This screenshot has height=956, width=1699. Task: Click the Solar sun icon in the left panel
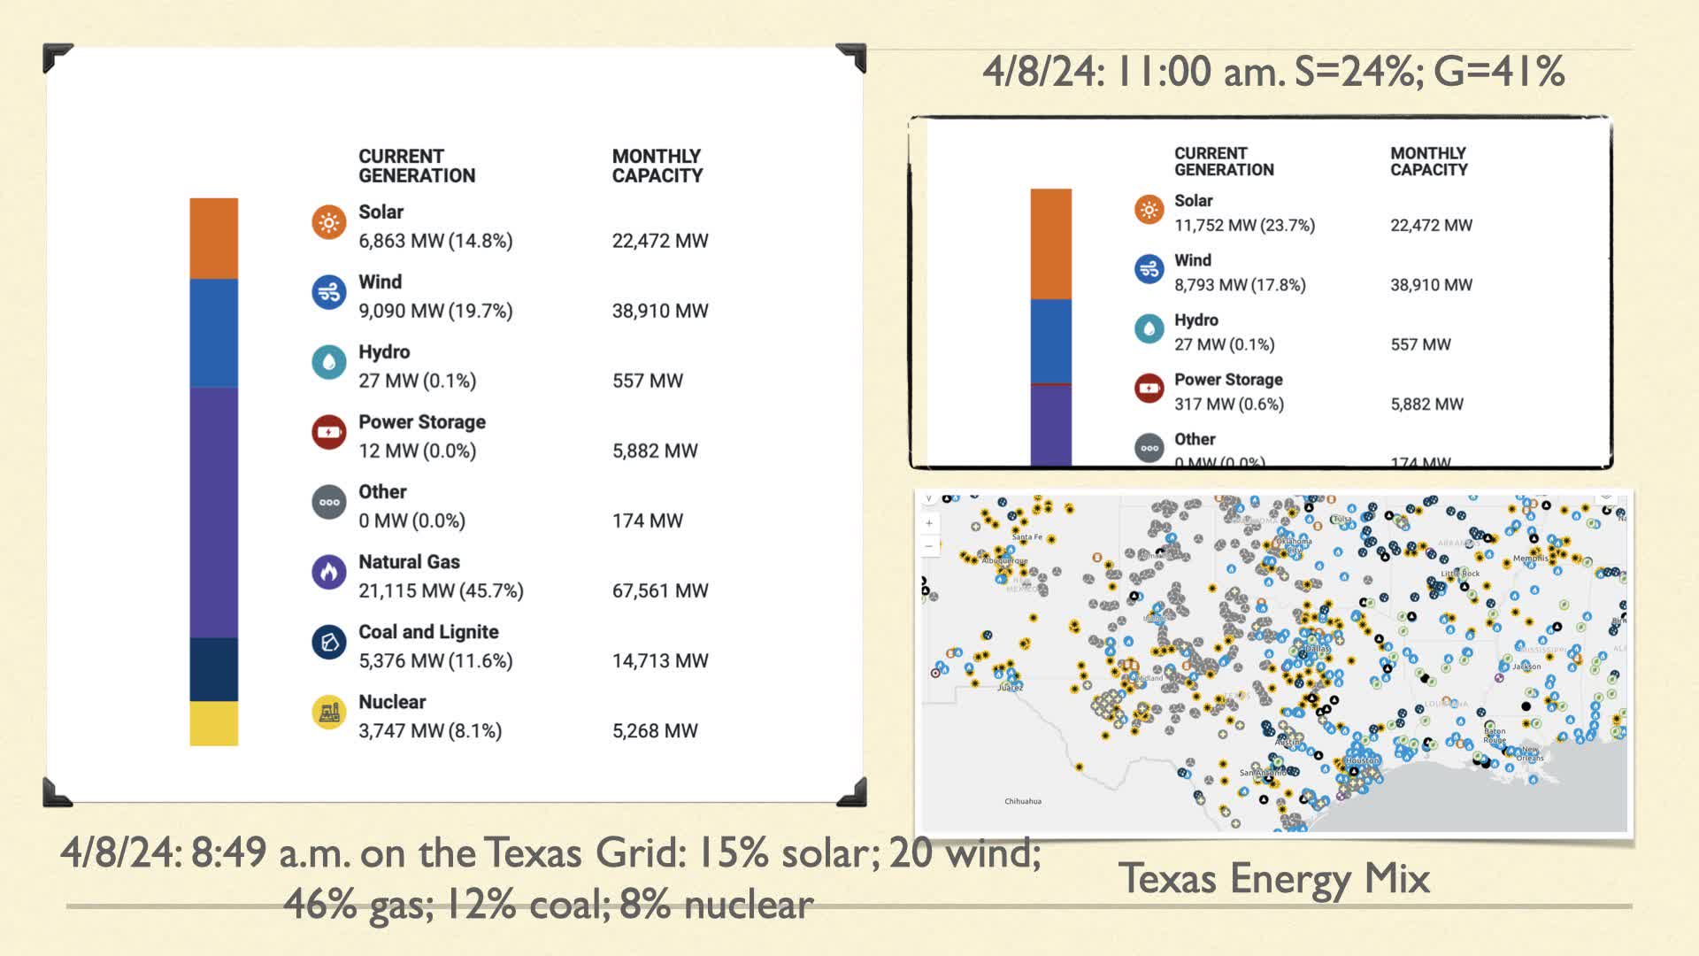pyautogui.click(x=328, y=222)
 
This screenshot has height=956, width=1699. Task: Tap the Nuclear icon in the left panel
pyautogui.click(x=328, y=712)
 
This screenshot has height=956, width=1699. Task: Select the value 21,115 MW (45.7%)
pyautogui.click(x=441, y=590)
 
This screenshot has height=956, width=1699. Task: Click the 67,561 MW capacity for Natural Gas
pyautogui.click(x=660, y=590)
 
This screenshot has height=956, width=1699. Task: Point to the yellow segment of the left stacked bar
pyautogui.click(x=213, y=723)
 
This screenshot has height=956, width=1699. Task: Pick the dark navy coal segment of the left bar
pyautogui.click(x=213, y=669)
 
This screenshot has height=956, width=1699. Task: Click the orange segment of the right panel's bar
pyautogui.click(x=1050, y=243)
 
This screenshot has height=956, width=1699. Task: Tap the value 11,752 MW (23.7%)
pyautogui.click(x=1244, y=226)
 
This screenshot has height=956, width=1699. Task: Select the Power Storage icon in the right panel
pyautogui.click(x=1149, y=388)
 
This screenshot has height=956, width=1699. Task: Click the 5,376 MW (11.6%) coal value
pyautogui.click(x=435, y=660)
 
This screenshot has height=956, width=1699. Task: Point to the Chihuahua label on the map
pyautogui.click(x=1022, y=801)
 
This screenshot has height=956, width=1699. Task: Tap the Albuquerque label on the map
pyautogui.click(x=1004, y=560)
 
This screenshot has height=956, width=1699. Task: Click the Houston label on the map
pyautogui.click(x=1361, y=760)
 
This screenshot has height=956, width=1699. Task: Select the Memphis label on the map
pyautogui.click(x=1530, y=559)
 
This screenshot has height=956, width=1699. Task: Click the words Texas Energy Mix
pyautogui.click(x=1273, y=878)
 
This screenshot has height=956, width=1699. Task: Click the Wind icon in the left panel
pyautogui.click(x=328, y=292)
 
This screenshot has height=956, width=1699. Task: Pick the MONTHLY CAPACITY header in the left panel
pyautogui.click(x=657, y=166)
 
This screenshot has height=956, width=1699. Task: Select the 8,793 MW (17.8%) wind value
pyautogui.click(x=1240, y=285)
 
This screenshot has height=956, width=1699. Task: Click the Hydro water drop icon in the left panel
pyautogui.click(x=328, y=362)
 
